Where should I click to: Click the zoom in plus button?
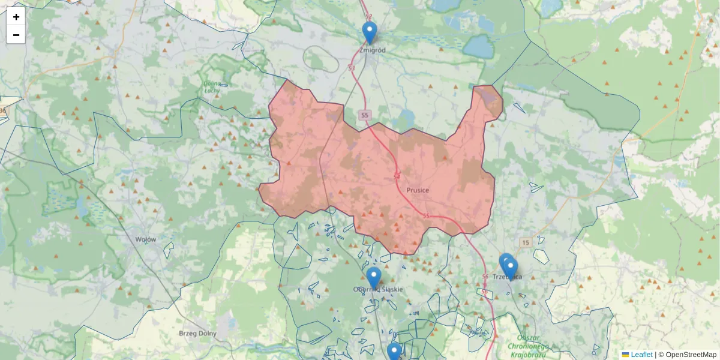pyautogui.click(x=16, y=17)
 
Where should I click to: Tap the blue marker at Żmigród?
pyautogui.click(x=370, y=32)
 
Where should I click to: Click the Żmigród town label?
pyautogui.click(x=372, y=50)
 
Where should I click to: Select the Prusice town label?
pyautogui.click(x=418, y=190)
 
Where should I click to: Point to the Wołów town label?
pyautogui.click(x=146, y=239)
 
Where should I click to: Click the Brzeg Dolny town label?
pyautogui.click(x=198, y=333)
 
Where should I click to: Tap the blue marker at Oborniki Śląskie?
pyautogui.click(x=374, y=277)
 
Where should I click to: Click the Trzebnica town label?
pyautogui.click(x=507, y=277)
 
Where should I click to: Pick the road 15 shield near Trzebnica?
pyautogui.click(x=526, y=242)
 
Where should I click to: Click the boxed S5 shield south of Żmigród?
pyautogui.click(x=365, y=115)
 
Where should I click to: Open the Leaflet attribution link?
pyautogui.click(x=641, y=355)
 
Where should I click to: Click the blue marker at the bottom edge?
pyautogui.click(x=394, y=351)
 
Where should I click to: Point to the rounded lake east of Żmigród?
pyautogui.click(x=478, y=46)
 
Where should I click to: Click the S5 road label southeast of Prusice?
pyautogui.click(x=426, y=215)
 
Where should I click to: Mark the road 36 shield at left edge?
pyautogui.click(x=2, y=110)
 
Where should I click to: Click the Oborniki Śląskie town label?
pyautogui.click(x=378, y=289)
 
